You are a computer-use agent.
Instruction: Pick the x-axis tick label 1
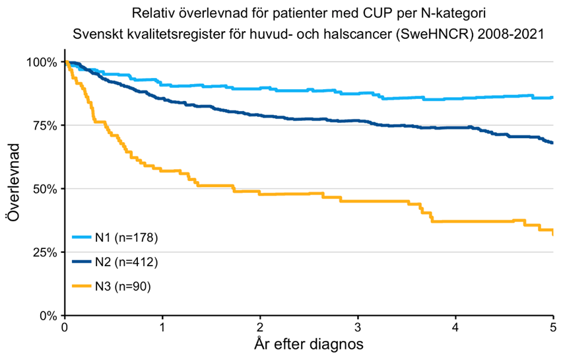click(162, 327)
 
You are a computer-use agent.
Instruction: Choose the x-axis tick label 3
click(358, 327)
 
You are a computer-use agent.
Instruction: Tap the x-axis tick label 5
click(553, 327)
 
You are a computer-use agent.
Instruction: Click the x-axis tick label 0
click(65, 327)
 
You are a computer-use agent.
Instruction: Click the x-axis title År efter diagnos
click(308, 344)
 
